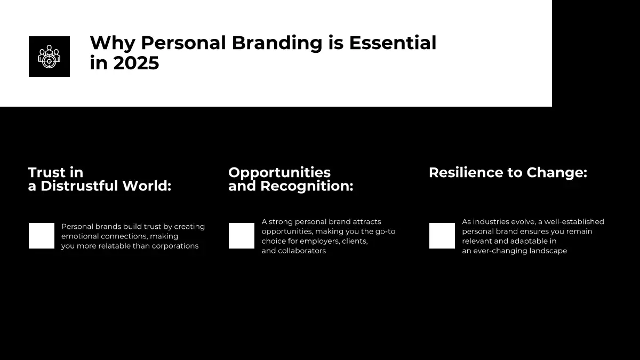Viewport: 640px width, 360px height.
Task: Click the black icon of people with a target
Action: (49, 57)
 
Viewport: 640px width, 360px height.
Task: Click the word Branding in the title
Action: (277, 44)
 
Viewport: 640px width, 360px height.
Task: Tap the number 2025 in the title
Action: (136, 63)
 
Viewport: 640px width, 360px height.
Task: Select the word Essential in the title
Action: (393, 43)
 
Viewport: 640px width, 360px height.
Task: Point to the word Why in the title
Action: (113, 44)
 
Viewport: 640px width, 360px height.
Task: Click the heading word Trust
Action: (46, 173)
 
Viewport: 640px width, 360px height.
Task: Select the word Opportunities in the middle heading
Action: (279, 173)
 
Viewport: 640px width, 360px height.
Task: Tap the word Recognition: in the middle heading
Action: (307, 187)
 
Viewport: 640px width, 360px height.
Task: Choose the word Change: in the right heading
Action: (557, 173)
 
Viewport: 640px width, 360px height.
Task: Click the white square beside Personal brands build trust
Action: (42, 236)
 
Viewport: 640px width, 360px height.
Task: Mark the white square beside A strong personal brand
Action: (242, 236)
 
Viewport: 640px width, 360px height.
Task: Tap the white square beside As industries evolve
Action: (442, 236)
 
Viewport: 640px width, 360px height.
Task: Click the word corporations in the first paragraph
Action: (175, 246)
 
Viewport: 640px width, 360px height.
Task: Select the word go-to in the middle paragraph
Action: (386, 231)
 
